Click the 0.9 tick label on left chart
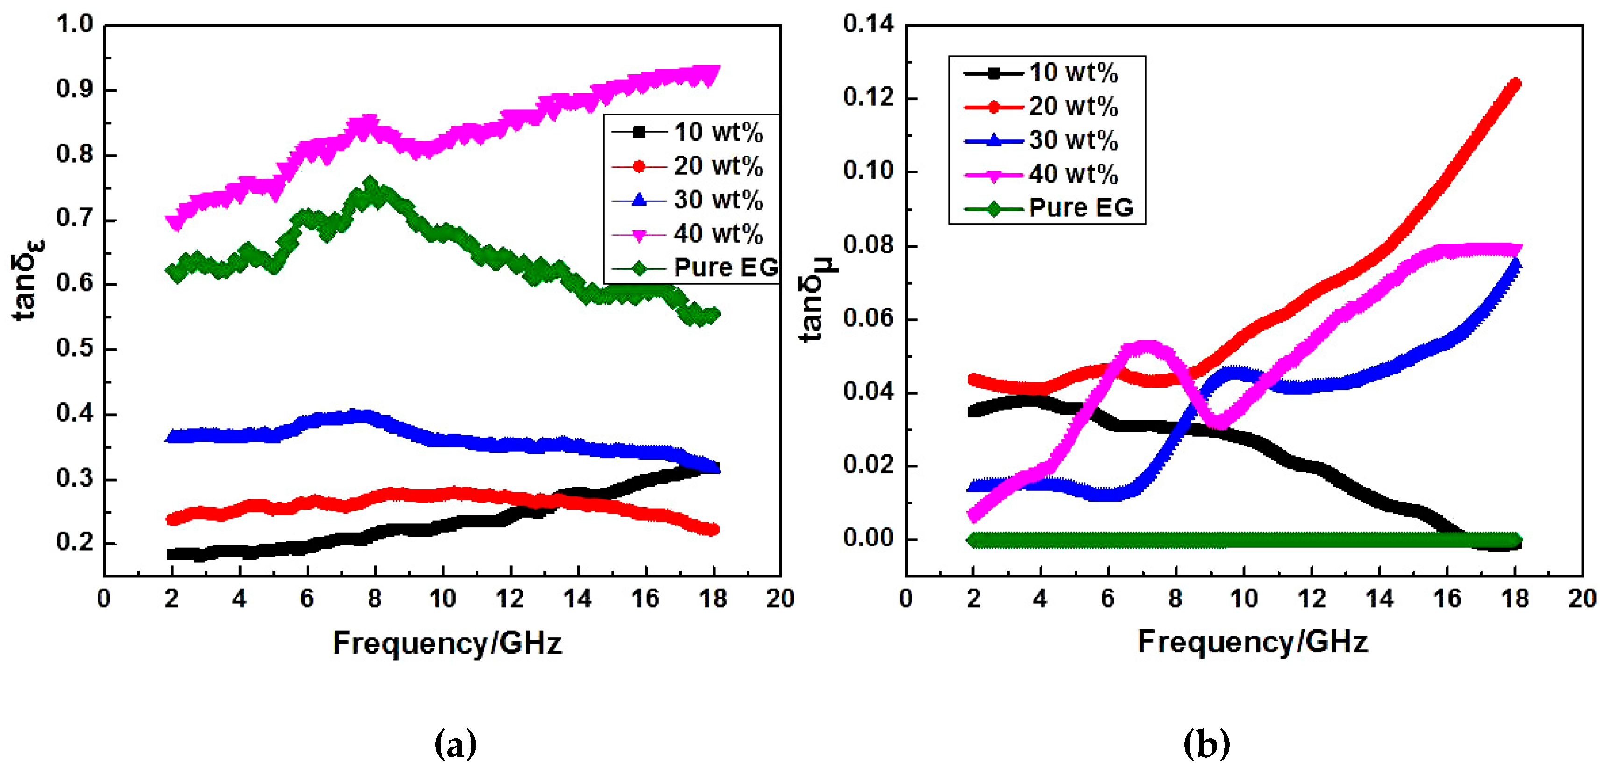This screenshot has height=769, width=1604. (x=74, y=90)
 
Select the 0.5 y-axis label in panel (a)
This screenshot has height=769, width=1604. (x=74, y=349)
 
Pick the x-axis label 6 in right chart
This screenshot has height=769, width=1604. (x=1107, y=599)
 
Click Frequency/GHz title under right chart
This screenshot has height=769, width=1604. (x=1252, y=642)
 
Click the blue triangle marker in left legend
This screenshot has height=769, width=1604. (x=639, y=200)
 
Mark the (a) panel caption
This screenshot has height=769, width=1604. (x=455, y=743)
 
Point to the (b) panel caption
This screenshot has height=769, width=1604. (x=1206, y=743)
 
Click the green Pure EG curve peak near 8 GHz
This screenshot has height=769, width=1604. (x=371, y=185)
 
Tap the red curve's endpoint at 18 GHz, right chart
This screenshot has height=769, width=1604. (x=1514, y=84)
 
